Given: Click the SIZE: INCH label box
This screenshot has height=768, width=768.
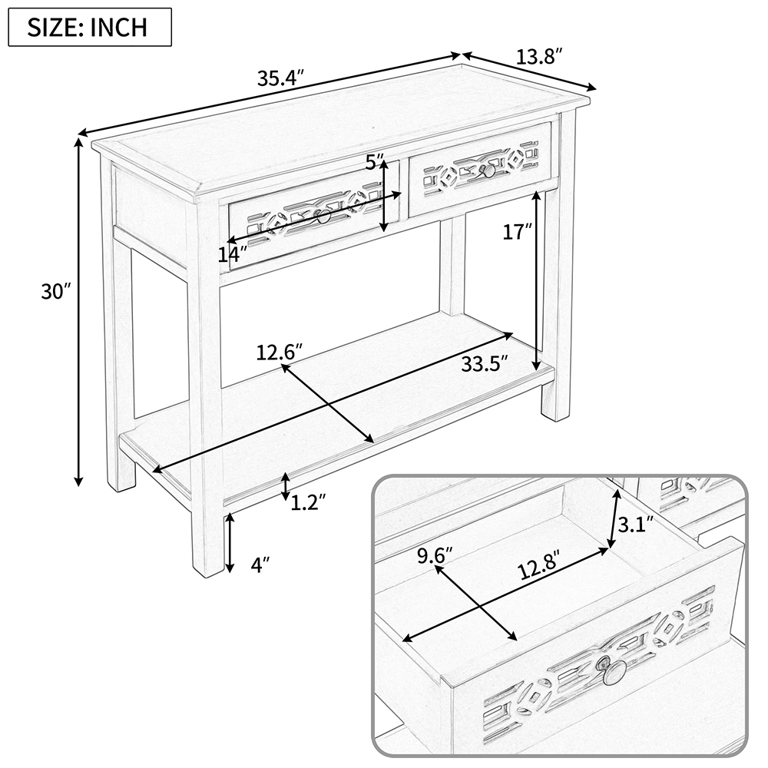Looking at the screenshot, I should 89,28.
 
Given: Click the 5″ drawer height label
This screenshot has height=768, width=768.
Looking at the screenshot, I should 375,162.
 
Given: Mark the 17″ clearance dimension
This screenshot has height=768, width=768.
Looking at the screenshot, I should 517,231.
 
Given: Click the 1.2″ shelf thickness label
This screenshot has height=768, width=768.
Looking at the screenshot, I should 308,502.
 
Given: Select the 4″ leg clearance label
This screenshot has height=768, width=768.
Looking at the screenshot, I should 260,566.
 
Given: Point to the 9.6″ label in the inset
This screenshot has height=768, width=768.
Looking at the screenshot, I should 432,554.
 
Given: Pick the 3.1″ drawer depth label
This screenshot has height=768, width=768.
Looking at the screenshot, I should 635,525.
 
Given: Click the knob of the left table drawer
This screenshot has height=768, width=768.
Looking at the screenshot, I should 323,217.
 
